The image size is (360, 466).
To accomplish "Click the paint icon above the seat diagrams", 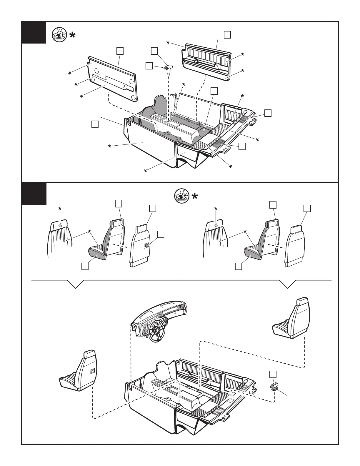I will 181,195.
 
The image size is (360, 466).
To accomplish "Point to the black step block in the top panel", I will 34,33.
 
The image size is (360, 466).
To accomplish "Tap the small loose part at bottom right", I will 274,386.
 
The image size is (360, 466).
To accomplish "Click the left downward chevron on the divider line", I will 76,284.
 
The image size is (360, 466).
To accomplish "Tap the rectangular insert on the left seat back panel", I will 146,246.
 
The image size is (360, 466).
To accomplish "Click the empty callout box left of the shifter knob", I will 149,66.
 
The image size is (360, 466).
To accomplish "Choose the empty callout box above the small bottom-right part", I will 273,374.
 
